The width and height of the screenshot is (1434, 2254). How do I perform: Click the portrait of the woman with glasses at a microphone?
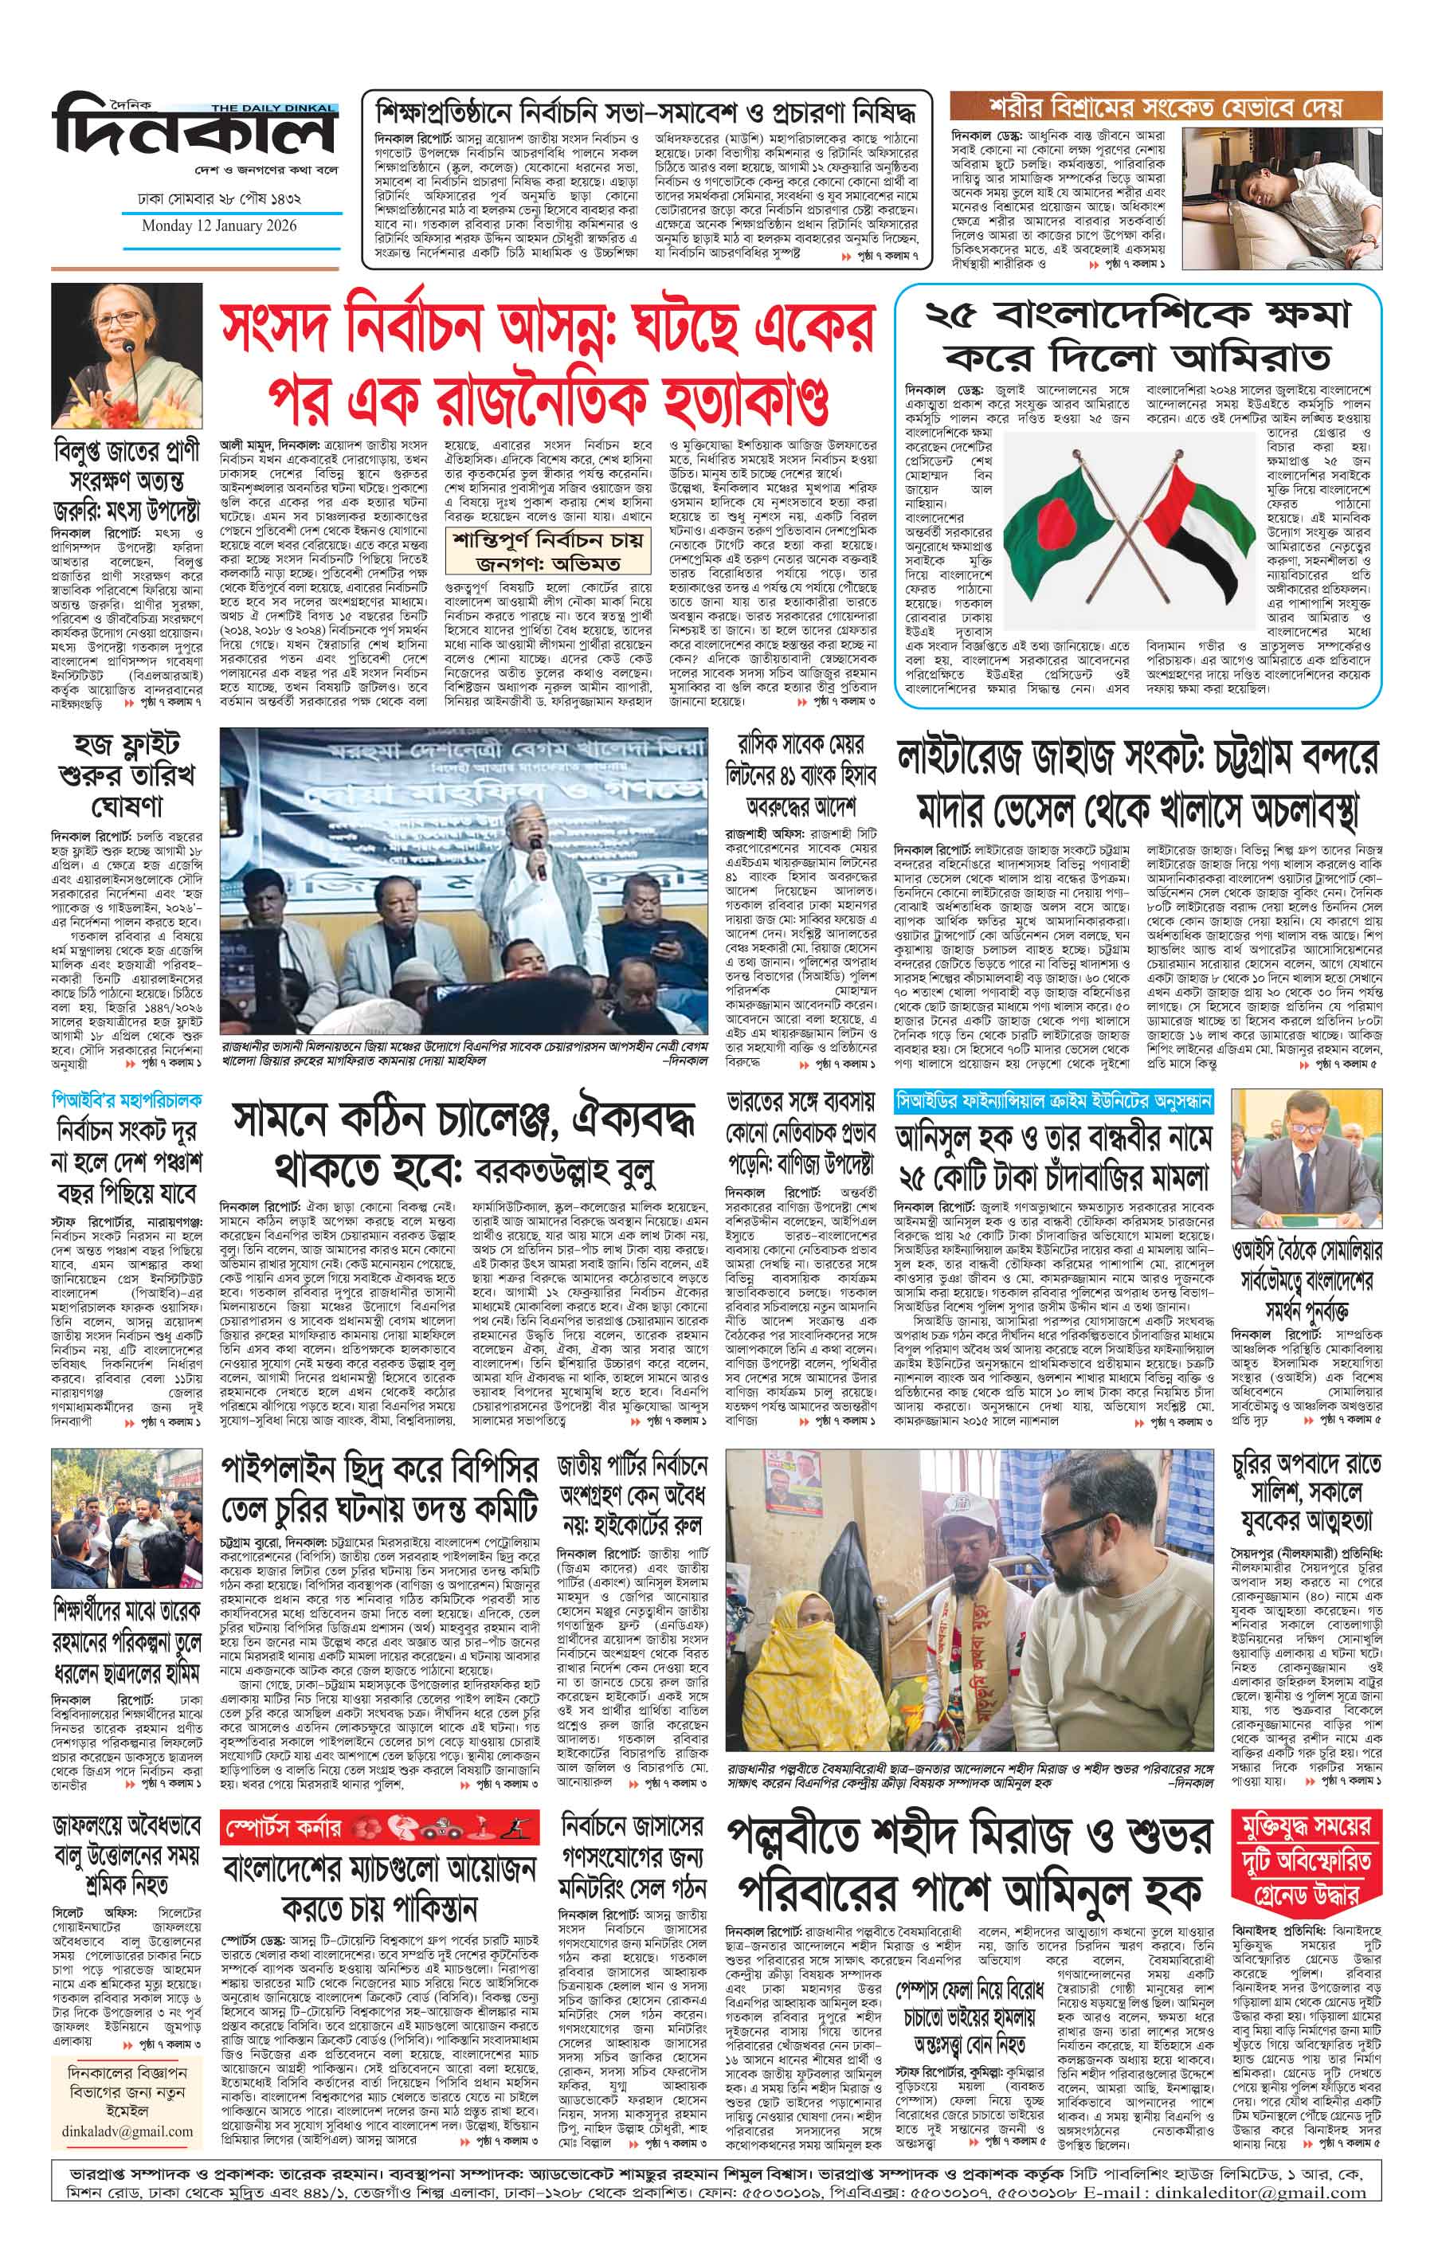tap(124, 355)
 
